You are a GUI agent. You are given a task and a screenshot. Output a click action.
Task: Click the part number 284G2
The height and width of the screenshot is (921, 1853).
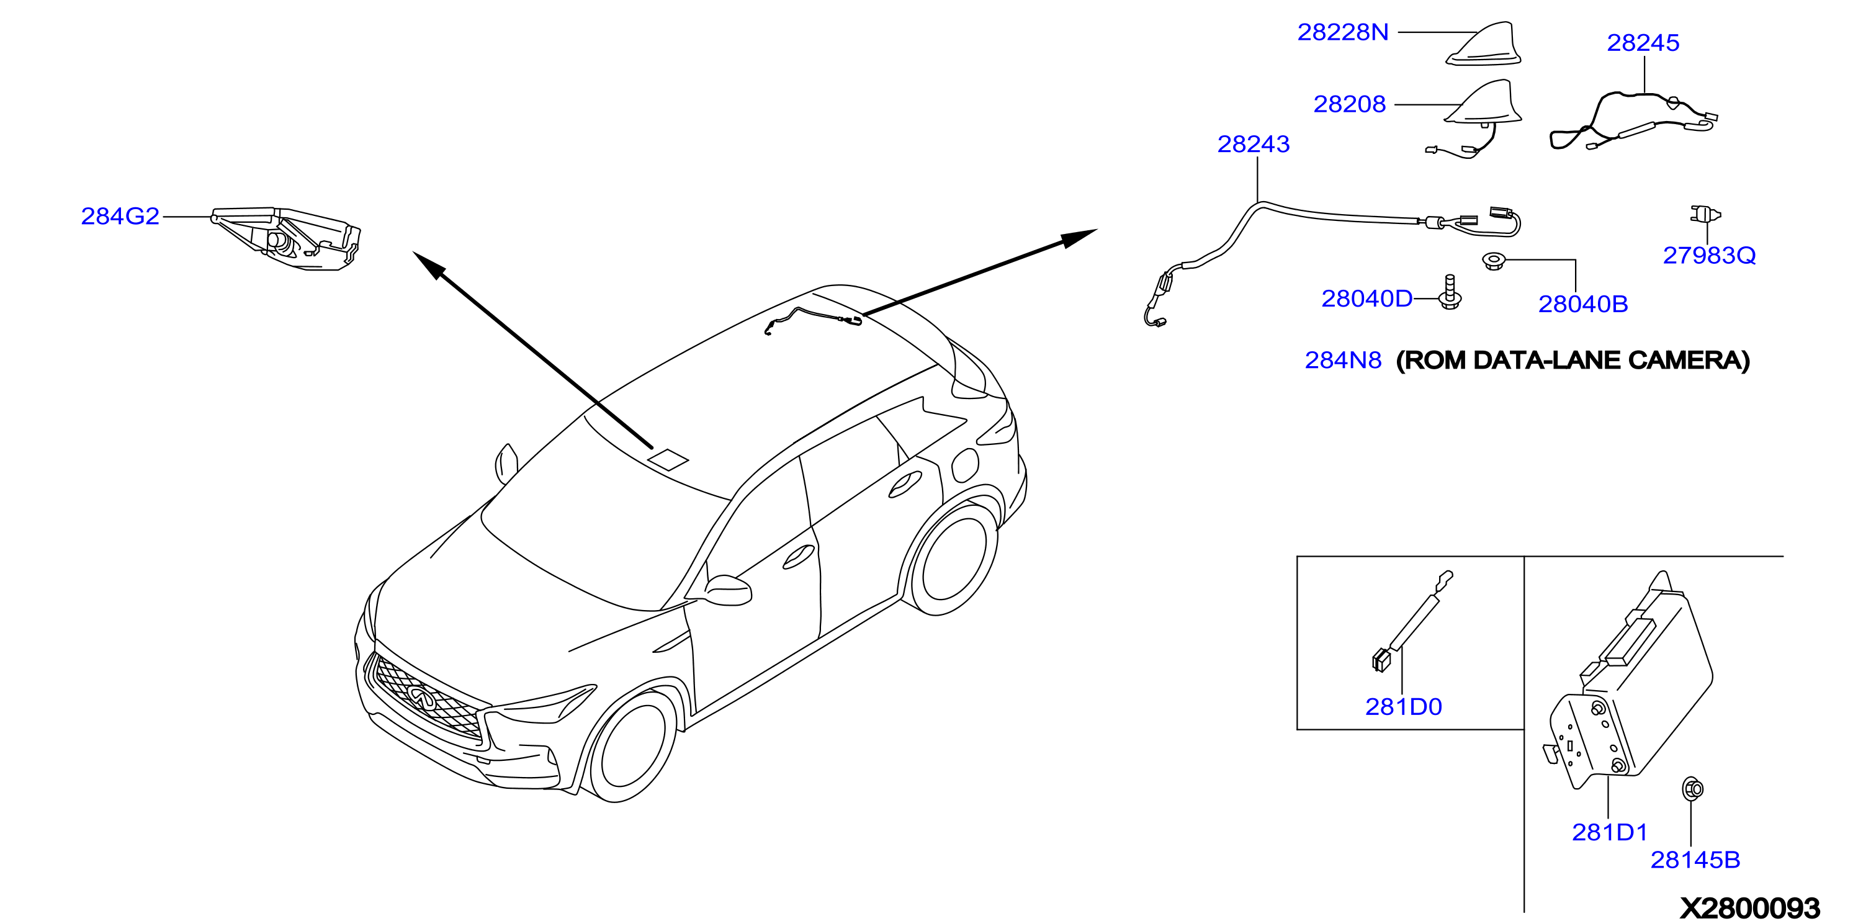(x=120, y=216)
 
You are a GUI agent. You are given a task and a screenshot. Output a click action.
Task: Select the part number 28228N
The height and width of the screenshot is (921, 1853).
(x=1342, y=32)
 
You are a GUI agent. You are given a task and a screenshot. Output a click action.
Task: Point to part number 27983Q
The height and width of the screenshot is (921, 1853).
(x=1709, y=256)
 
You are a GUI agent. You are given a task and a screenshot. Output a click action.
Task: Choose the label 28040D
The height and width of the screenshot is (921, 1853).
(x=1366, y=299)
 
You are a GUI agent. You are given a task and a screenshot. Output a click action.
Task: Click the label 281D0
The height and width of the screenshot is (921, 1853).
(x=1404, y=707)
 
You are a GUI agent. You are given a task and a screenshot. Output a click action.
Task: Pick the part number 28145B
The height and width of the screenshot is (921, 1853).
(x=1695, y=860)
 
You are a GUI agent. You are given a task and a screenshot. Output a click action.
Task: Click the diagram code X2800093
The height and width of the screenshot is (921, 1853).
(x=1749, y=907)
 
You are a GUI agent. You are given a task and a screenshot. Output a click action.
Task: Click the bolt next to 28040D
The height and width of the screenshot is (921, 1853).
(x=1450, y=292)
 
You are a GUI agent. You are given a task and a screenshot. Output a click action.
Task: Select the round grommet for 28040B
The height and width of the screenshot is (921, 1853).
(x=1493, y=260)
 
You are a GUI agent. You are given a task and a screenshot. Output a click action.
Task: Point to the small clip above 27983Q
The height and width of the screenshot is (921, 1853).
(x=1704, y=214)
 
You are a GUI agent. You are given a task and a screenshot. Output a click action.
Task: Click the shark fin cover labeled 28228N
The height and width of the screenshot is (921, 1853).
(x=1483, y=44)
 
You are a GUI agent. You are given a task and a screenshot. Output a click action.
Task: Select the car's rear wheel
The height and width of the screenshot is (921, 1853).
(x=953, y=558)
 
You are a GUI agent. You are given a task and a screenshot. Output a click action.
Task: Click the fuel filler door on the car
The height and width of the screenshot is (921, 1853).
(x=966, y=465)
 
